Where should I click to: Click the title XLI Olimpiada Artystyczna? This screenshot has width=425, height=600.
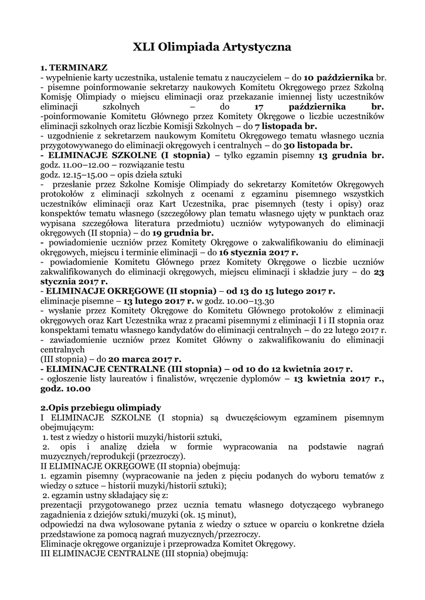click(212, 47)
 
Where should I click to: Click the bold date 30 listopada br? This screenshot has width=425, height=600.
click(317, 146)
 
